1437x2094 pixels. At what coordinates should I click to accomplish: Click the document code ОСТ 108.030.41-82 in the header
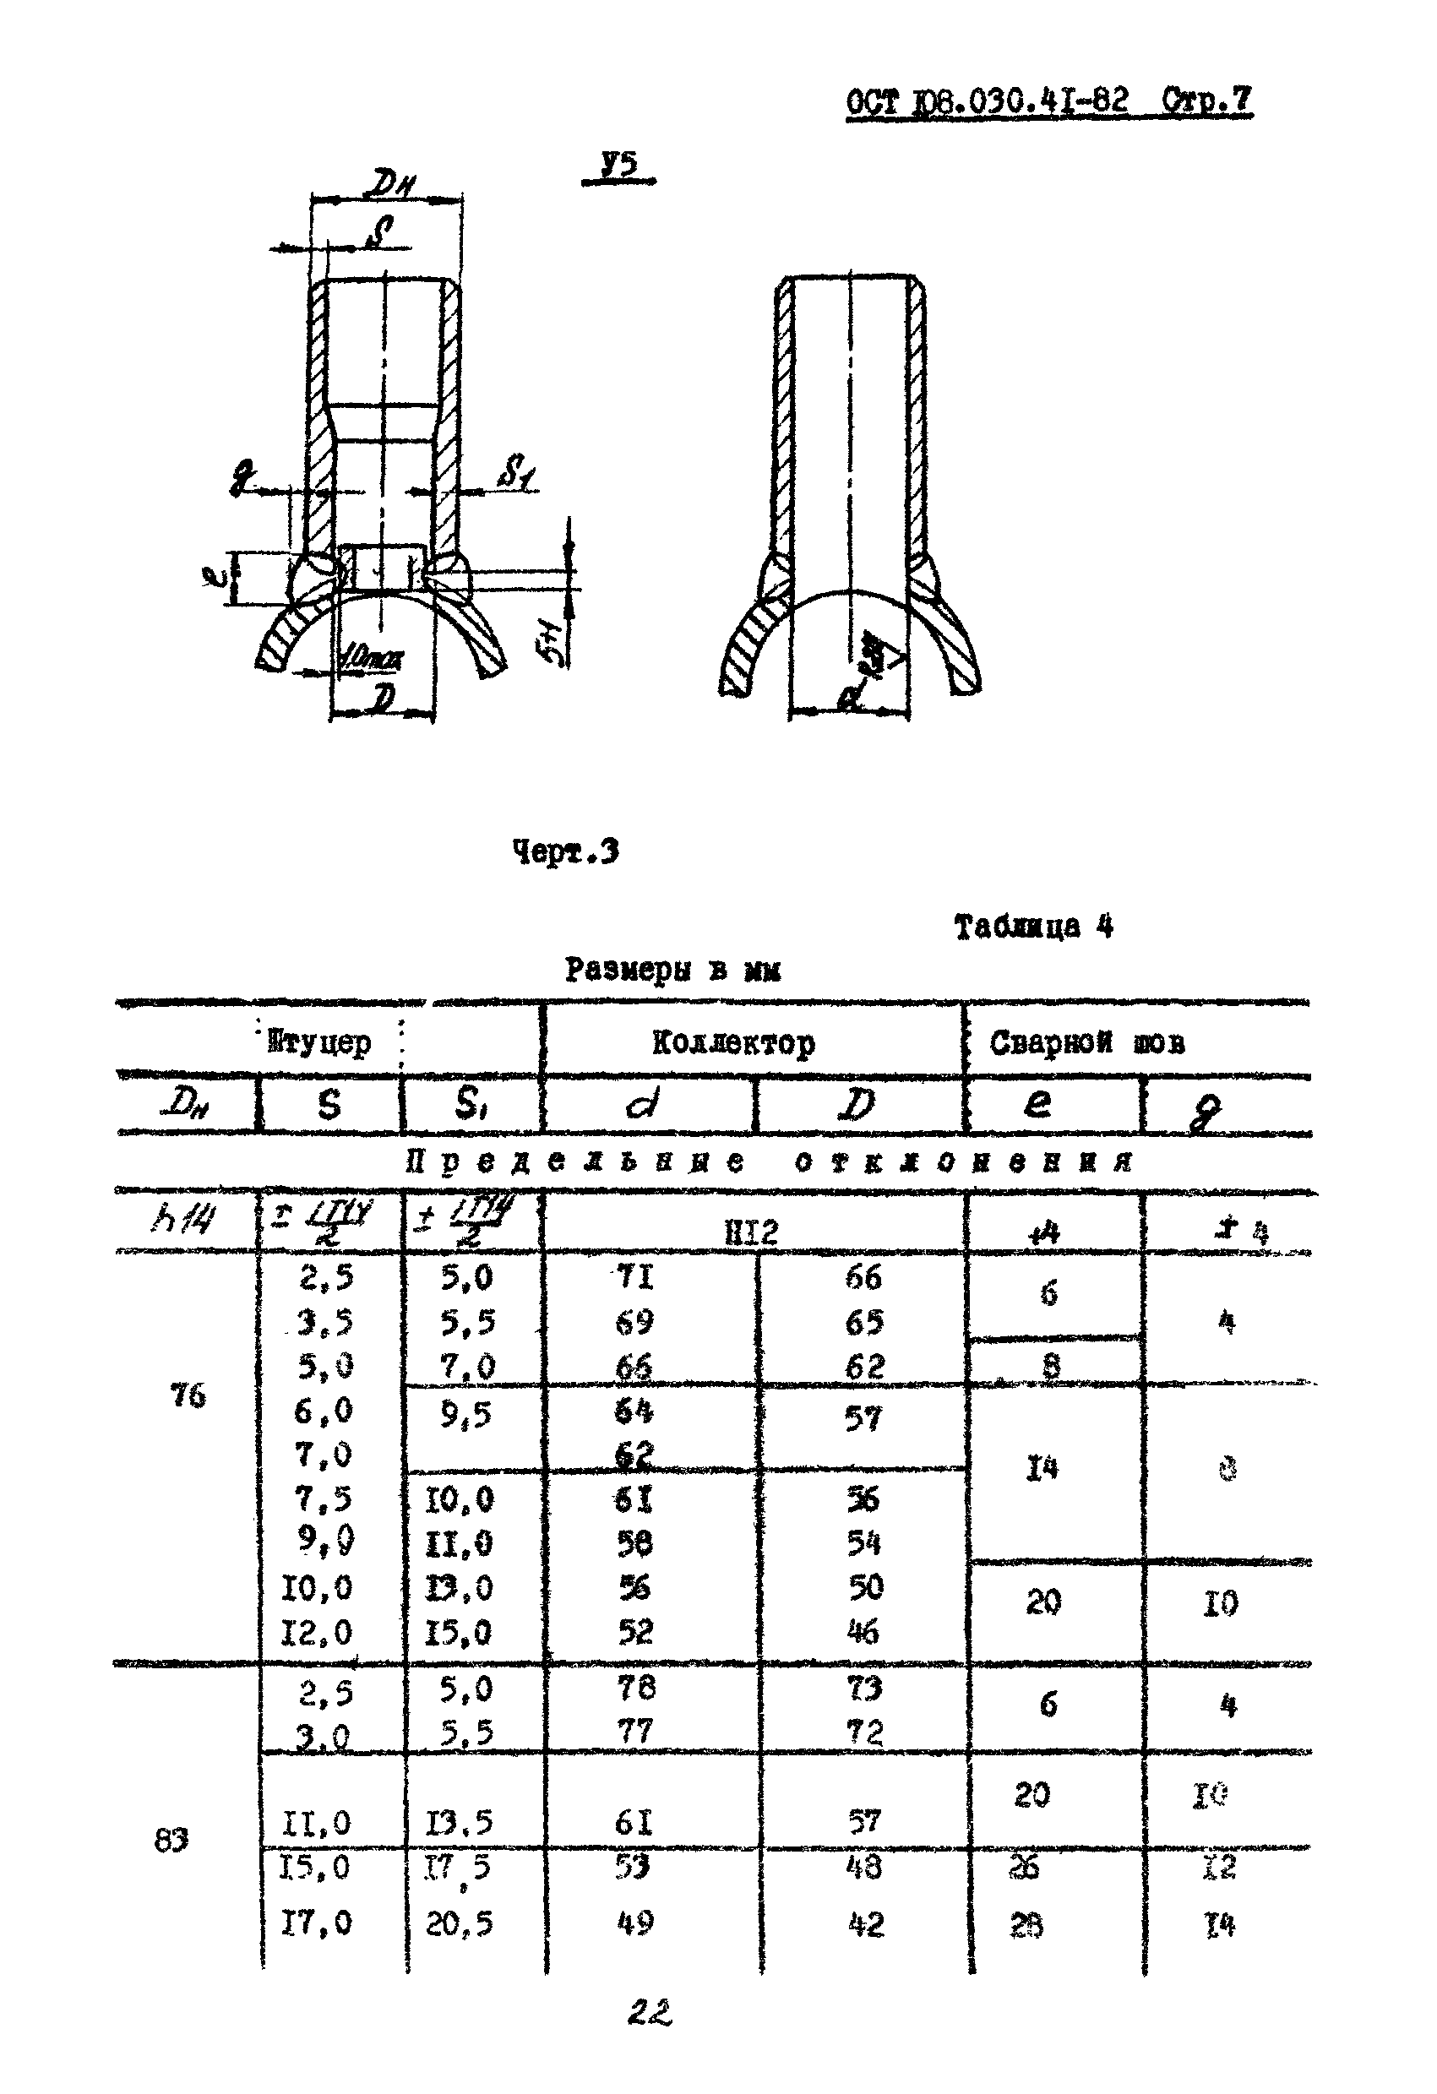pos(988,100)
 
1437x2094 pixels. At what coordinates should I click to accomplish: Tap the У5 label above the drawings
pos(619,165)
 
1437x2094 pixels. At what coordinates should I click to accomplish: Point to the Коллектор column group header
pos(733,1042)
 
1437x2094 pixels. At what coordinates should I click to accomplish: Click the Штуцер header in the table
pos(320,1042)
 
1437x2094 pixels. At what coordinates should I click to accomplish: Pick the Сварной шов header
pos(1086,1042)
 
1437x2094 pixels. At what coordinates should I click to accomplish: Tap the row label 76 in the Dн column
pos(188,1395)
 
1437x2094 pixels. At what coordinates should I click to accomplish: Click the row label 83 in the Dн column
pos(171,1841)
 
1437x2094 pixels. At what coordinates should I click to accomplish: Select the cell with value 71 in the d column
pos(634,1277)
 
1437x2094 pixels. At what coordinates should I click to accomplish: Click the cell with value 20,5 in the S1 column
pos(460,1923)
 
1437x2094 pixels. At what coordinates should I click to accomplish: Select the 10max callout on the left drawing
pos(371,659)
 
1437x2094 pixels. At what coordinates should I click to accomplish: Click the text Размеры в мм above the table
pos(672,970)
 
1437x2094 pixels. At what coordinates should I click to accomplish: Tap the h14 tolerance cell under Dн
pos(184,1221)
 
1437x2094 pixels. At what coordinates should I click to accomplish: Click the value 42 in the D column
pos(866,1923)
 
